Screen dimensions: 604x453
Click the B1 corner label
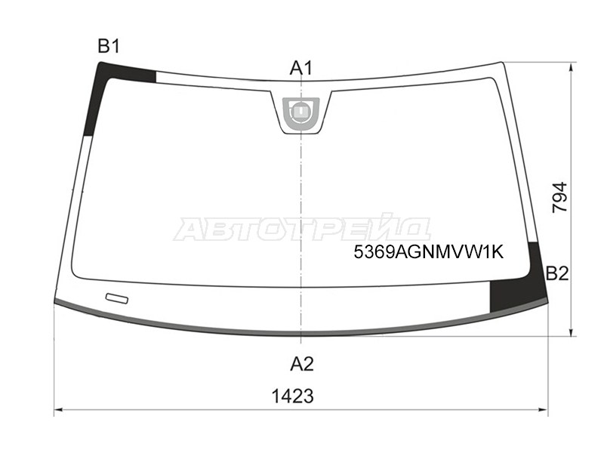coord(109,46)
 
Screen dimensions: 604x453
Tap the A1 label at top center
coord(300,69)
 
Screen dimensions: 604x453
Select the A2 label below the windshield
coord(302,364)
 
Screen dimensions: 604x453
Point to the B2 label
coord(557,273)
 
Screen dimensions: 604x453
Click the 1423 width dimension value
coord(293,396)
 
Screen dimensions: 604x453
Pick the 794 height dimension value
coord(559,197)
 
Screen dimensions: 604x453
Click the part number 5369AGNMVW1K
coord(429,252)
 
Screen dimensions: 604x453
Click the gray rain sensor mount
coord(300,114)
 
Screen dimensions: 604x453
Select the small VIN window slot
coord(117,298)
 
